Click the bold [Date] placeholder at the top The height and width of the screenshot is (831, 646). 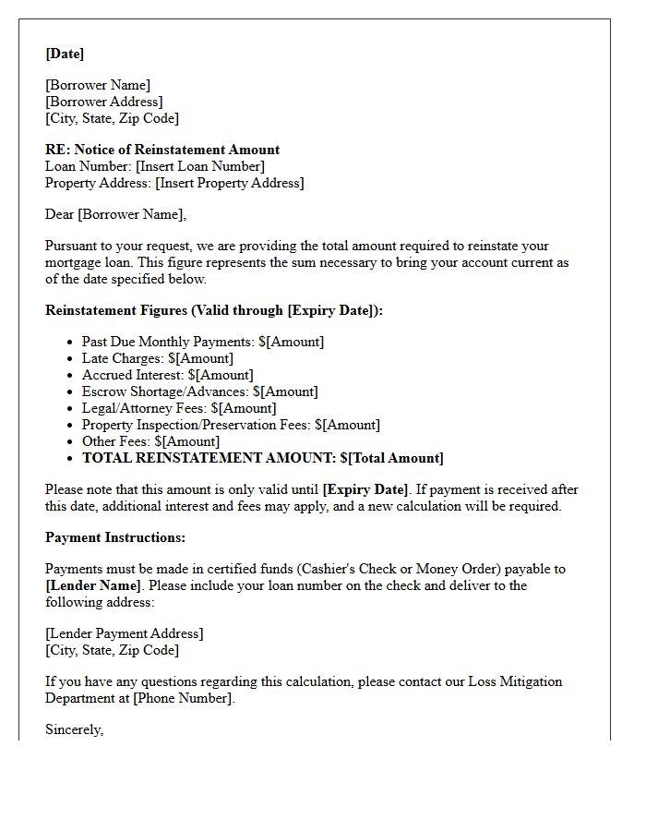tap(65, 54)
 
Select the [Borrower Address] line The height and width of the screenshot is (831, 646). tap(104, 102)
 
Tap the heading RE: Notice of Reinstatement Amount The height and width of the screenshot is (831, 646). tap(162, 150)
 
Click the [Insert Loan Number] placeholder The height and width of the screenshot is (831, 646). tap(200, 166)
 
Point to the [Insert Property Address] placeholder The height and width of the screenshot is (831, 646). tap(230, 183)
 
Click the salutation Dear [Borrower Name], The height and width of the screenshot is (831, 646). tap(115, 214)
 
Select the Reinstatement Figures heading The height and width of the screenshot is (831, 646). tap(214, 310)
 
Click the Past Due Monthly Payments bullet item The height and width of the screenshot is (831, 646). tap(203, 342)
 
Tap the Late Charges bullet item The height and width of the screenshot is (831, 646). tap(158, 358)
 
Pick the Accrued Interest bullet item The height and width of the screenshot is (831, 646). tap(167, 375)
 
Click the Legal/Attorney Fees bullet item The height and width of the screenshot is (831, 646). tap(179, 408)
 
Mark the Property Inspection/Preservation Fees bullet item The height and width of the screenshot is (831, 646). tap(231, 425)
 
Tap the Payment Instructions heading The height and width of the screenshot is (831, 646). tap(115, 537)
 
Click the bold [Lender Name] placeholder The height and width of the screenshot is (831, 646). tap(93, 585)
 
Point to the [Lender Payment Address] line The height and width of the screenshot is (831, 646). tap(125, 633)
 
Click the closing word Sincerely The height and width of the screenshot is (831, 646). tap(75, 729)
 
